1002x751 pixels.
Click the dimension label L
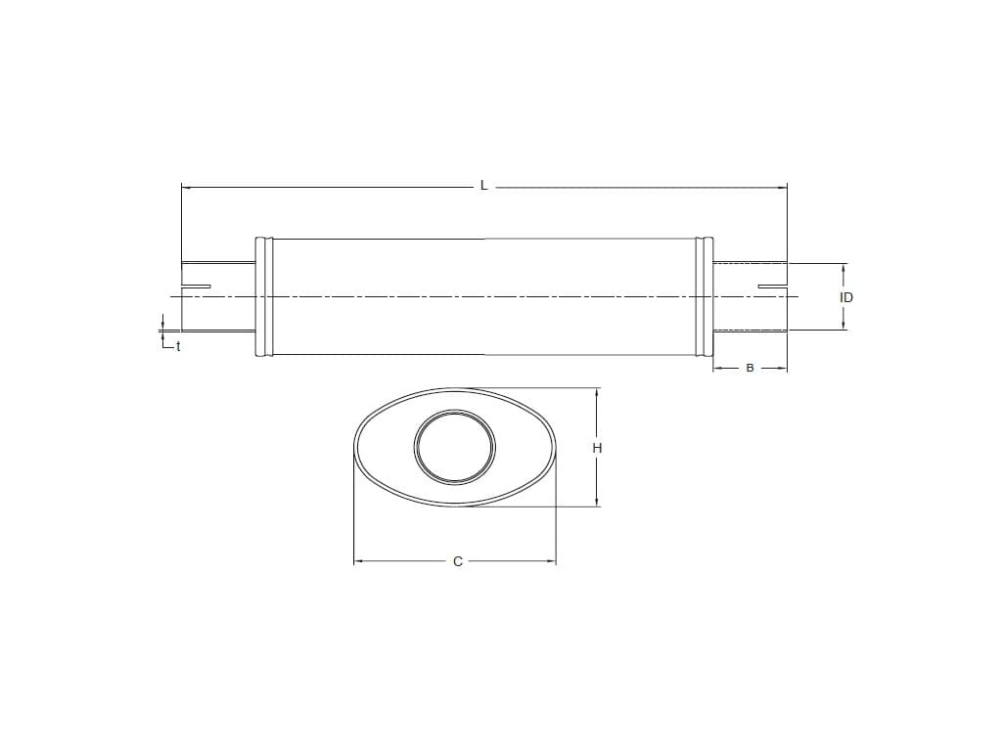click(484, 186)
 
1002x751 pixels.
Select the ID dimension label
click(846, 297)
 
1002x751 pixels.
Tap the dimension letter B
click(751, 368)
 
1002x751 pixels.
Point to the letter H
click(597, 448)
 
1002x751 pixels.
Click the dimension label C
click(458, 562)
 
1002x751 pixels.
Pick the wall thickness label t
click(178, 347)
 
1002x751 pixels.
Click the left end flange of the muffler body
click(264, 297)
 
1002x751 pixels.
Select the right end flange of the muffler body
click(704, 297)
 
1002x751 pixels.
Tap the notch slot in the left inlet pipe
click(196, 287)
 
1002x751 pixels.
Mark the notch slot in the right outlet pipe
click(773, 287)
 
